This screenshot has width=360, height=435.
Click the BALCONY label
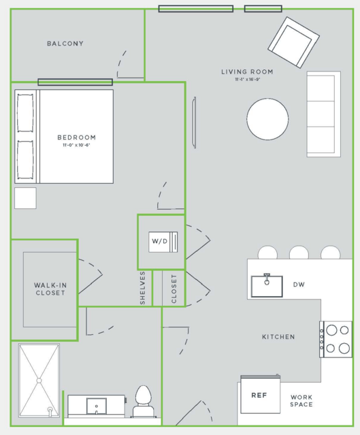click(65, 44)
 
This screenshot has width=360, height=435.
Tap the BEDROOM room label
click(77, 138)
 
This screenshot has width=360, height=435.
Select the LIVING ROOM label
click(247, 72)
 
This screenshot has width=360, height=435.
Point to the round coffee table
click(267, 119)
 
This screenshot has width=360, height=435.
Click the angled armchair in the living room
click(294, 42)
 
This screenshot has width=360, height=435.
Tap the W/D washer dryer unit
click(163, 242)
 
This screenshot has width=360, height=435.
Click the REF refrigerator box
click(261, 394)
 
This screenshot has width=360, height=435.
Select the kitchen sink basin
click(267, 286)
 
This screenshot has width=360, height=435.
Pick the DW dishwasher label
click(299, 285)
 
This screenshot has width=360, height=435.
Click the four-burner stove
click(336, 339)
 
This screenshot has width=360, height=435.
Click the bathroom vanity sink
click(96, 406)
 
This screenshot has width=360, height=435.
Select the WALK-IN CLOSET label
click(50, 289)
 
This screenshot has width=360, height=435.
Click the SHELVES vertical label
click(142, 288)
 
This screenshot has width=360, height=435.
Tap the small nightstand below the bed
click(25, 198)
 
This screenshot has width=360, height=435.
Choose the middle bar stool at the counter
click(299, 252)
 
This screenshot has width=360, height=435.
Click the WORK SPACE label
click(301, 401)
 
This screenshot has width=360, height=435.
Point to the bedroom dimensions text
click(76, 145)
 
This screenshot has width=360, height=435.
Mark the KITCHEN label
click(278, 337)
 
